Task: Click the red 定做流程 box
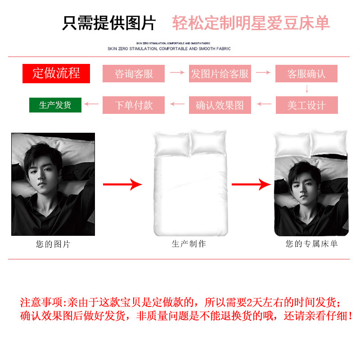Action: (56, 73)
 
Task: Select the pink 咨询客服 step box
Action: (134, 73)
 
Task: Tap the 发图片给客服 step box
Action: (220, 73)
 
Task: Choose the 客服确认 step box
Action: (306, 73)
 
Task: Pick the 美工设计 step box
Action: (306, 105)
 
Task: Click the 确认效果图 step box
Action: (220, 105)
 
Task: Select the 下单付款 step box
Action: (134, 105)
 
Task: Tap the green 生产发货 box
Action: (55, 105)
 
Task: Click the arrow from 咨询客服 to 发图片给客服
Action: (177, 72)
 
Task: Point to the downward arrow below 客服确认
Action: (306, 88)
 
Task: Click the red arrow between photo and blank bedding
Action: (122, 184)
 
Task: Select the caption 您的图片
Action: (53, 244)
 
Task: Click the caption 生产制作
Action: (189, 243)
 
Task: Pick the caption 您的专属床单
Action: (311, 244)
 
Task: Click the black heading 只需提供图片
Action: (109, 23)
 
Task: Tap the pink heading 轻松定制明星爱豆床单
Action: (251, 23)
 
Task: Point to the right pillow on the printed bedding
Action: (329, 141)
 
